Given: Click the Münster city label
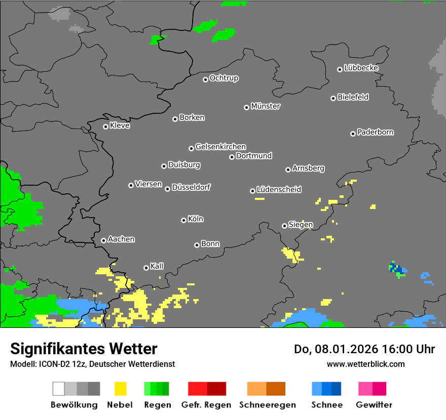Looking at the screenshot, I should pyautogui.click(x=266, y=106).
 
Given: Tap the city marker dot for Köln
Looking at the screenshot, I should pyautogui.click(x=183, y=220).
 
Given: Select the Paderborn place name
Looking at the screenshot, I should pyautogui.click(x=376, y=132).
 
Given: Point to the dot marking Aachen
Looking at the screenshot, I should pyautogui.click(x=103, y=240).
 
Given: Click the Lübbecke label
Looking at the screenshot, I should pyautogui.click(x=361, y=68).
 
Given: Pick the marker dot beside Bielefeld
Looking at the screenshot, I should pyautogui.click(x=333, y=98).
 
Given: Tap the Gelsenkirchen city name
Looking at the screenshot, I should pyautogui.click(x=220, y=147).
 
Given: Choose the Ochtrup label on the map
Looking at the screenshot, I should pyautogui.click(x=224, y=78).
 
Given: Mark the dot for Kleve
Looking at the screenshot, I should pyautogui.click(x=105, y=127).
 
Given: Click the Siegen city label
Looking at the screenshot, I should pyautogui.click(x=301, y=225).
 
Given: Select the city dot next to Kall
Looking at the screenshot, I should pyautogui.click(x=146, y=268).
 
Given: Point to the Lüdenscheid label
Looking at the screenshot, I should pyautogui.click(x=279, y=189).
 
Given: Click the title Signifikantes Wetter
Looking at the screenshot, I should pyautogui.click(x=84, y=349).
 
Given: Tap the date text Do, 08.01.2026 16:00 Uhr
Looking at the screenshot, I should pyautogui.click(x=364, y=349).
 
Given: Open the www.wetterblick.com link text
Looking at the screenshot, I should pyautogui.click(x=365, y=364).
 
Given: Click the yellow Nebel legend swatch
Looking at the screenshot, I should pyautogui.click(x=120, y=389).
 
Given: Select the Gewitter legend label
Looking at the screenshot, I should pyautogui.click(x=374, y=405).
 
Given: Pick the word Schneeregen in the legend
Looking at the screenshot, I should pyautogui.click(x=268, y=405).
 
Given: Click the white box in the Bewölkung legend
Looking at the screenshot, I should pyautogui.click(x=59, y=389).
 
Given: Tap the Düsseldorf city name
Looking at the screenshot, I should pyautogui.click(x=191, y=187).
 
